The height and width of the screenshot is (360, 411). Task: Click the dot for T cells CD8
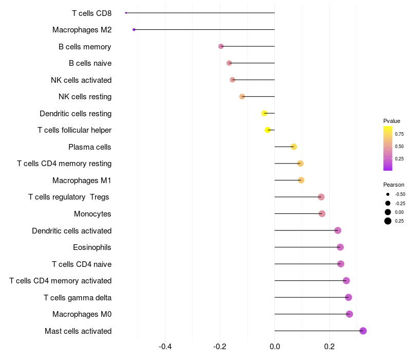(126, 13)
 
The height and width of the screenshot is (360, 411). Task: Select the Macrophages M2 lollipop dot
(134, 30)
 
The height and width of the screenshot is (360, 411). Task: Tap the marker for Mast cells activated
(363, 331)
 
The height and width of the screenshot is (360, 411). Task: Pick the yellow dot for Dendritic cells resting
(264, 113)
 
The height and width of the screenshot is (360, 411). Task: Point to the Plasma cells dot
(294, 147)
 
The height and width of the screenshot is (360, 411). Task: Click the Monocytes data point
(322, 214)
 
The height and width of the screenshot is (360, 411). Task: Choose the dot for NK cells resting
(242, 97)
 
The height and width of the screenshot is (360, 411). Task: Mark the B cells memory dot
(221, 46)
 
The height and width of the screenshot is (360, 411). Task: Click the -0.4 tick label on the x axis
(165, 347)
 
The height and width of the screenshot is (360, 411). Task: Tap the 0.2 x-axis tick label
(329, 347)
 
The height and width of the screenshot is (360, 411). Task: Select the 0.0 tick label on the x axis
(275, 347)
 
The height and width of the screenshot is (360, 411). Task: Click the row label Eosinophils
(92, 247)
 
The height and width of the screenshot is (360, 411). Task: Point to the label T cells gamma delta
(78, 298)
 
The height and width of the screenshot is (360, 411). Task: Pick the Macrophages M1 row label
(82, 181)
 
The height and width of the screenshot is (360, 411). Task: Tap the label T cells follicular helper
(74, 130)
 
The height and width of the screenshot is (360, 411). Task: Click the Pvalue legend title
(391, 121)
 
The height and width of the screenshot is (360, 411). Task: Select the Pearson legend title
(394, 185)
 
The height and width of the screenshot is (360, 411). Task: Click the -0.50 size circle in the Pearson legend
(388, 194)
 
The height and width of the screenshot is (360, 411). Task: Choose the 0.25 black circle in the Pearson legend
(388, 221)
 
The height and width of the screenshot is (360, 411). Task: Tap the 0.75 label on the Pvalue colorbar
(399, 134)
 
